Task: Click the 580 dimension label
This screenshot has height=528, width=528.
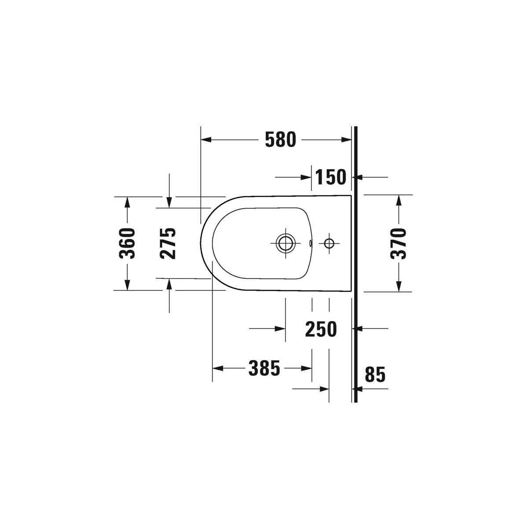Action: [x=281, y=140]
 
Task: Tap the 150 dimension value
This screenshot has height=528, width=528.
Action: [x=331, y=177]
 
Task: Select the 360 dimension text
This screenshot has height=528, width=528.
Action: [x=127, y=243]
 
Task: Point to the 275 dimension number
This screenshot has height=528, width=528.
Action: [x=168, y=243]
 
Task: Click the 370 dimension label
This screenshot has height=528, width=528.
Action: [x=399, y=243]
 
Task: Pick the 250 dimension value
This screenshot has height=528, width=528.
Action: [x=321, y=329]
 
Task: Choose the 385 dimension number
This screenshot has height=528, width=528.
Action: [x=264, y=368]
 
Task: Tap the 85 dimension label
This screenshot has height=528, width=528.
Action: [x=375, y=374]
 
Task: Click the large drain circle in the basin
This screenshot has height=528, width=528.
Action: [x=286, y=243]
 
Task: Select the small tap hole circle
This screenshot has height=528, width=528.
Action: [x=329, y=243]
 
